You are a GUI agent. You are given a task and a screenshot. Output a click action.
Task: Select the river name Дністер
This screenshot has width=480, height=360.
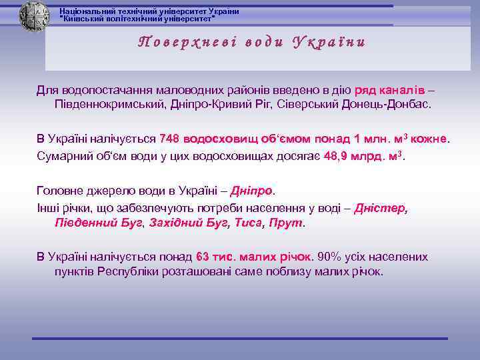(x=379, y=208)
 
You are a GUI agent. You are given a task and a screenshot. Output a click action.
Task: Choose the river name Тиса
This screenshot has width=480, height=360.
(x=248, y=223)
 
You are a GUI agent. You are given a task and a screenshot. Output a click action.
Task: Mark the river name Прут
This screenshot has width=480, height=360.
(x=287, y=223)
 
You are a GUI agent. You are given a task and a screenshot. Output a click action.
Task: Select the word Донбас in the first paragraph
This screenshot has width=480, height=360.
(x=412, y=105)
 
